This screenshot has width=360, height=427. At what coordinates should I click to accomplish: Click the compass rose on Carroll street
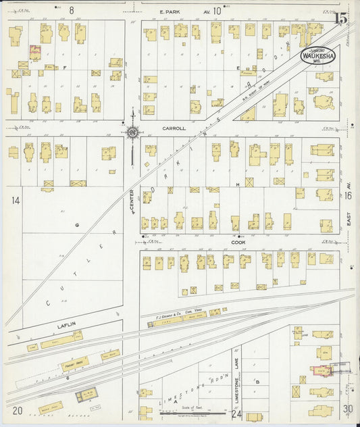click(x=132, y=131)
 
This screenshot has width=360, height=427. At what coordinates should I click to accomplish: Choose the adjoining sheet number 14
click(x=16, y=200)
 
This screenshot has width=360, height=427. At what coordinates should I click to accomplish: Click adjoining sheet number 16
click(x=348, y=195)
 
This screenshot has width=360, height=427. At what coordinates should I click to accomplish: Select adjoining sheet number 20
click(x=17, y=411)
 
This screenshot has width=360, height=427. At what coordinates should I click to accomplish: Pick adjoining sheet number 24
click(x=236, y=413)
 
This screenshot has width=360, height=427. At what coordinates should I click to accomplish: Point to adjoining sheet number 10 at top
click(x=217, y=11)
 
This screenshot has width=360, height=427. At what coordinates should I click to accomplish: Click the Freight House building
click(x=75, y=363)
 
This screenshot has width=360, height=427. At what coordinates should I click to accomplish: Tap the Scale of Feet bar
click(x=180, y=410)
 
